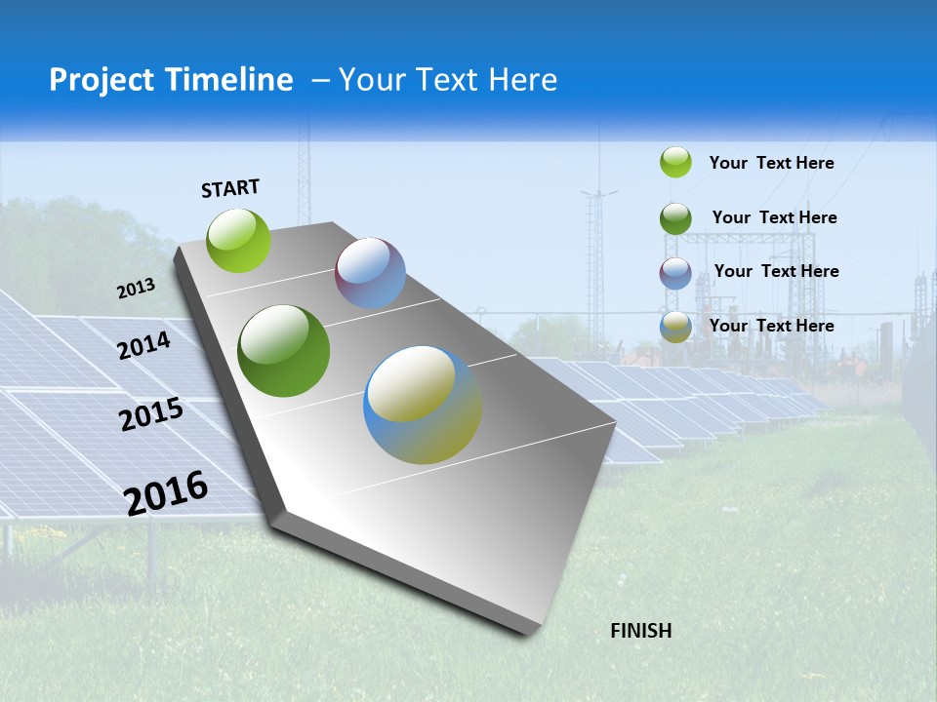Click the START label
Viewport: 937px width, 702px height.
pyautogui.click(x=230, y=188)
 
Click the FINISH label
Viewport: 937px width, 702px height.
pyautogui.click(x=640, y=631)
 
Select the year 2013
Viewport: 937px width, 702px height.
pyautogui.click(x=137, y=288)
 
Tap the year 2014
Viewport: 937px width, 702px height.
pyautogui.click(x=144, y=345)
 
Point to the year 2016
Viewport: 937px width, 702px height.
pyautogui.click(x=167, y=492)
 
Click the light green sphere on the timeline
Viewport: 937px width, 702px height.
pyautogui.click(x=239, y=240)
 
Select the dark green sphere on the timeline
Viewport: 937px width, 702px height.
pyautogui.click(x=284, y=351)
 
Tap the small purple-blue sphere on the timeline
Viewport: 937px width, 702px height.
pyautogui.click(x=370, y=273)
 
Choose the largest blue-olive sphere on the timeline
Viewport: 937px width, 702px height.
pyautogui.click(x=423, y=405)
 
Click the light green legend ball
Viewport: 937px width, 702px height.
pyautogui.click(x=675, y=162)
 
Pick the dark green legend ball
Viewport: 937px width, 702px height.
pyautogui.click(x=675, y=218)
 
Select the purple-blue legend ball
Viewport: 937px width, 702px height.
pyautogui.click(x=675, y=273)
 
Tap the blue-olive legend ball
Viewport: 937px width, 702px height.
pyautogui.click(x=675, y=327)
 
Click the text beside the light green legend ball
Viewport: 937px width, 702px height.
pyautogui.click(x=771, y=163)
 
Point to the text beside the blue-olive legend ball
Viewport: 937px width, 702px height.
pyautogui.click(x=771, y=326)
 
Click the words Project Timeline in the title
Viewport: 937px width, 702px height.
pyautogui.click(x=171, y=80)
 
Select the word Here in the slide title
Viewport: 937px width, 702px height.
pyautogui.click(x=522, y=80)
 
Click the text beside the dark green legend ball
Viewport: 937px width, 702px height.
pyautogui.click(x=774, y=217)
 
